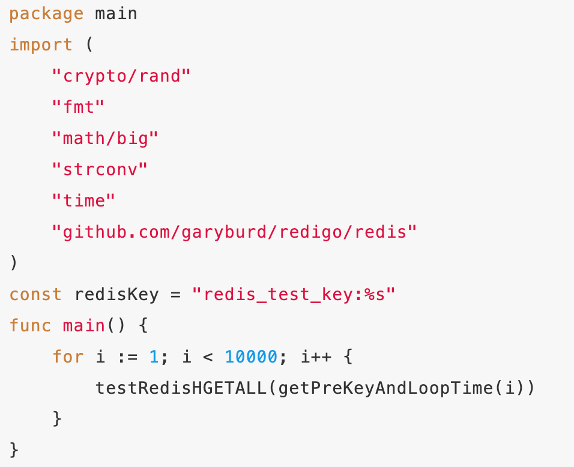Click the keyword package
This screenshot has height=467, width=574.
pos(46,13)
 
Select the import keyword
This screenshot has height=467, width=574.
pos(41,44)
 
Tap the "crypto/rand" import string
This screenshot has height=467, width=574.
pos(121,76)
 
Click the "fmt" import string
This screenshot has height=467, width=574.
pos(78,107)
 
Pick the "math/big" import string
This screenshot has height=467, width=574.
pos(105,138)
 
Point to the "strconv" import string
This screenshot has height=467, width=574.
pos(100,169)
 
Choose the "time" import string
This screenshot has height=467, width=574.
pos(83,200)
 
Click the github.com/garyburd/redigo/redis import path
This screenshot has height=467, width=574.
pos(234,232)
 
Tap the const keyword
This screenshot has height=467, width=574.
pos(35,294)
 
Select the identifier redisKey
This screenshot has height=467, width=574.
pos(116,294)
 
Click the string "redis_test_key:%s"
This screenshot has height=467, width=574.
pos(294,294)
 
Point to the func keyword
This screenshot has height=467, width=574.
pos(30,325)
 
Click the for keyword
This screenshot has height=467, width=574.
pos(68,357)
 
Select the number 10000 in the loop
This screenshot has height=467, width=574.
pos(250,357)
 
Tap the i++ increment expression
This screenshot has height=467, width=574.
pos(315,357)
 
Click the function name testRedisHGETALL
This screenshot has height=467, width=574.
pos(181,388)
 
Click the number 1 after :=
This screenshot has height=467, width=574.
pos(153,357)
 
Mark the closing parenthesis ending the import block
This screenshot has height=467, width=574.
pos(13,263)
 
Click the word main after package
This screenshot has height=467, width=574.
pos(116,13)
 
